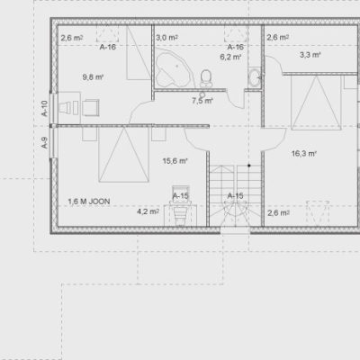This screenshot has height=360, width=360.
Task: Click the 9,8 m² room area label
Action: (93, 77)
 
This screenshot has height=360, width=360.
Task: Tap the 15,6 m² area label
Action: (175, 161)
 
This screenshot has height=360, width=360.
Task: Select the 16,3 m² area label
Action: (304, 154)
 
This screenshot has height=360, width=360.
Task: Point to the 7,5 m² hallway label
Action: (202, 101)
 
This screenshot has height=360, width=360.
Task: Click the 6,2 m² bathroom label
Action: (230, 57)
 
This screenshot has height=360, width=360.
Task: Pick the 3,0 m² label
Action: (166, 38)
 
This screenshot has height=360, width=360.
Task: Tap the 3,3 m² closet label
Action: (310, 55)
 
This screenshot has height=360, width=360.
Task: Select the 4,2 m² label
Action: (148, 211)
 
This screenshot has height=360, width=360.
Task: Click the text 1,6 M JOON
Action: (89, 202)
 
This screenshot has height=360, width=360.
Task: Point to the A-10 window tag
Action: (44, 108)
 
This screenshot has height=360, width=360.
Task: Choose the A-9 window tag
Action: (44, 143)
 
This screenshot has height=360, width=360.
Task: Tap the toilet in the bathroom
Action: (206, 78)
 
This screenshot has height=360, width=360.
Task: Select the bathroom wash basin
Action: (255, 77)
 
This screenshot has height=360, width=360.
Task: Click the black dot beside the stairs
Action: (248, 166)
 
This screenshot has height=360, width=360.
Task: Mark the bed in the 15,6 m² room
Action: (124, 154)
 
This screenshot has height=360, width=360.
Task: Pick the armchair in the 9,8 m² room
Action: (91, 108)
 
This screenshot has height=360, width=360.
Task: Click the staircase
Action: (235, 195)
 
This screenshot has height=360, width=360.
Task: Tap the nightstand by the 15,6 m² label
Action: (158, 134)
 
